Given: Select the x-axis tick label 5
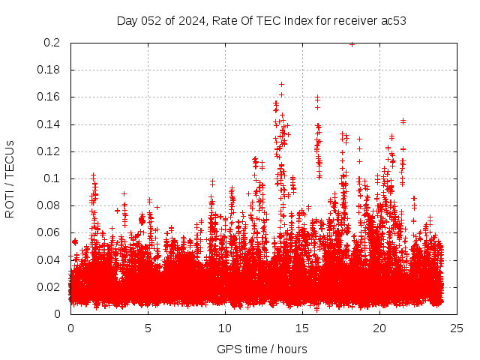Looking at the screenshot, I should point(148,328).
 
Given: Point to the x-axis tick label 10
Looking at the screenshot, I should point(225,328).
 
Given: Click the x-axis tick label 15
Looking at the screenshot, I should point(302,328).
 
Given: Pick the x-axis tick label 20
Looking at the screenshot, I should point(379,328).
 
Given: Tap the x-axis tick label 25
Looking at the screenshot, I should point(457,328).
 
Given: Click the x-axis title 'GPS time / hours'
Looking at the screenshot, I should point(262,349).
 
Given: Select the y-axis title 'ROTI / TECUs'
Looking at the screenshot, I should point(10,178).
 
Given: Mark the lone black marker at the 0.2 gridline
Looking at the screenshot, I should point(352,43).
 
